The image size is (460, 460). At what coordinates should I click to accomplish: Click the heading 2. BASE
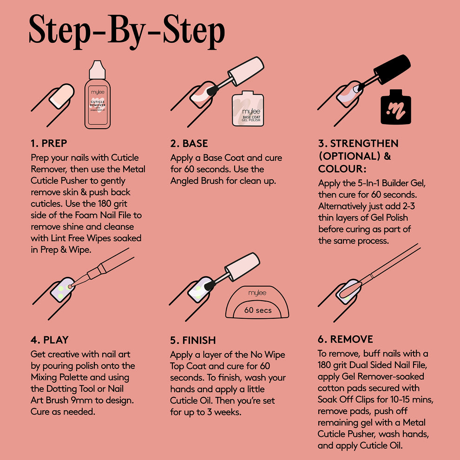(x=189, y=143)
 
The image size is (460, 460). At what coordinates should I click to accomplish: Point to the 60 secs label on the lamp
(x=258, y=310)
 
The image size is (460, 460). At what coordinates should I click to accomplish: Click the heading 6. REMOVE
(x=345, y=339)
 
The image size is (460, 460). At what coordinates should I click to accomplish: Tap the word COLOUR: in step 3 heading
(x=342, y=168)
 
